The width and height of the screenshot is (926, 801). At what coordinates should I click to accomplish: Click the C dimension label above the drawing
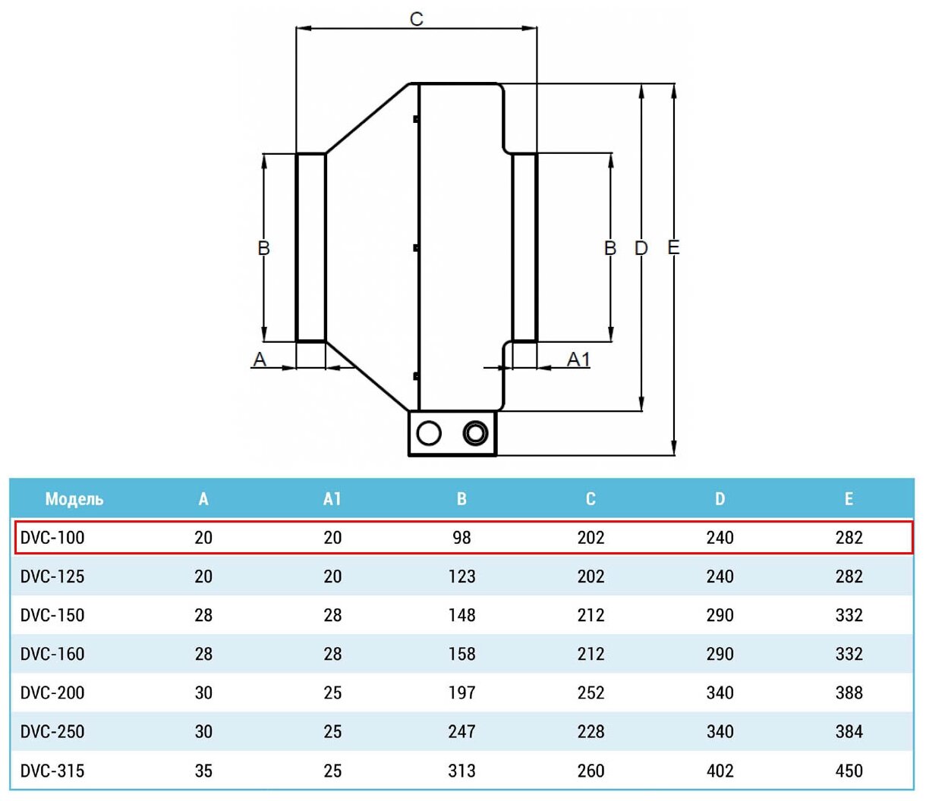(x=416, y=18)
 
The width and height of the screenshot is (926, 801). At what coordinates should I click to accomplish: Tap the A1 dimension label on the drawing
(x=578, y=359)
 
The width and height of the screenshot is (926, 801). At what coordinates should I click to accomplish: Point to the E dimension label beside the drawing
(x=673, y=247)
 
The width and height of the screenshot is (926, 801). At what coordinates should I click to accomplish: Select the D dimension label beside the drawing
(x=641, y=248)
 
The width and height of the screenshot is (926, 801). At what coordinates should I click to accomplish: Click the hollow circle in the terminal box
(x=429, y=433)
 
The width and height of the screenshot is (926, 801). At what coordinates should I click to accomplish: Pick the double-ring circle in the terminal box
(x=475, y=433)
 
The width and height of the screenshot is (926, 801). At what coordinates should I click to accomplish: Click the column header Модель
(x=74, y=499)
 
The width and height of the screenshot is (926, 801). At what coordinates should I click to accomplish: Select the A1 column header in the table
(x=332, y=499)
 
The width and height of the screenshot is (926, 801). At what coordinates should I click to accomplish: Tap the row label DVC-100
(x=52, y=538)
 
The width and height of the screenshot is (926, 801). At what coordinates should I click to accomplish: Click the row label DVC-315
(x=52, y=771)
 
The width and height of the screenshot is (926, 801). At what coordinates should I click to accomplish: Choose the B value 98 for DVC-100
(x=461, y=538)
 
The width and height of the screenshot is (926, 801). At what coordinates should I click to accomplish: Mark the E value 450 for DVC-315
(x=849, y=771)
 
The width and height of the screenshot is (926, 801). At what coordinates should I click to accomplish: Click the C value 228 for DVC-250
(x=591, y=732)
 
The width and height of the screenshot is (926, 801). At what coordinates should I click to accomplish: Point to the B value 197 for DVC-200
(x=461, y=693)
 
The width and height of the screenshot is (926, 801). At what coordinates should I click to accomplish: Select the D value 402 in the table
(x=720, y=771)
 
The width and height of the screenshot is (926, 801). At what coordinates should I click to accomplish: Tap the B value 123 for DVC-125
(x=461, y=576)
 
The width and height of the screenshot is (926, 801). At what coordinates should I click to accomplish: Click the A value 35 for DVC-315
(x=203, y=771)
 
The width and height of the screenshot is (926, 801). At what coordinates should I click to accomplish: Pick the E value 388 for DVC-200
(x=849, y=693)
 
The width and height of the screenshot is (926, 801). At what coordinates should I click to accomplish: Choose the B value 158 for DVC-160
(x=461, y=654)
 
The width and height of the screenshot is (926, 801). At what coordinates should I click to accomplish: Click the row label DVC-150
(x=52, y=615)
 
